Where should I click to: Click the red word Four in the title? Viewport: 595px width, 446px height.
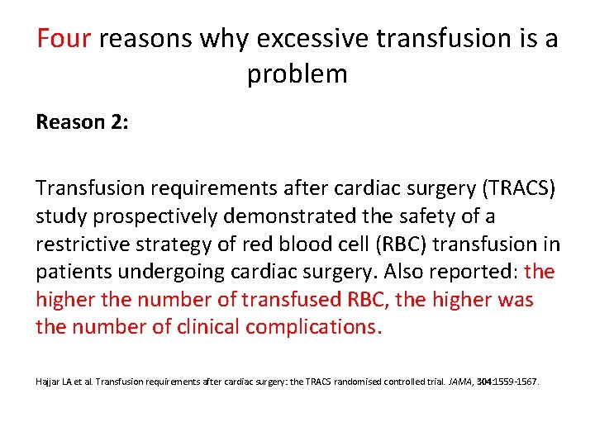pos(64,39)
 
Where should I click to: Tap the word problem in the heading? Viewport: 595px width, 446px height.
pos(297,74)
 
